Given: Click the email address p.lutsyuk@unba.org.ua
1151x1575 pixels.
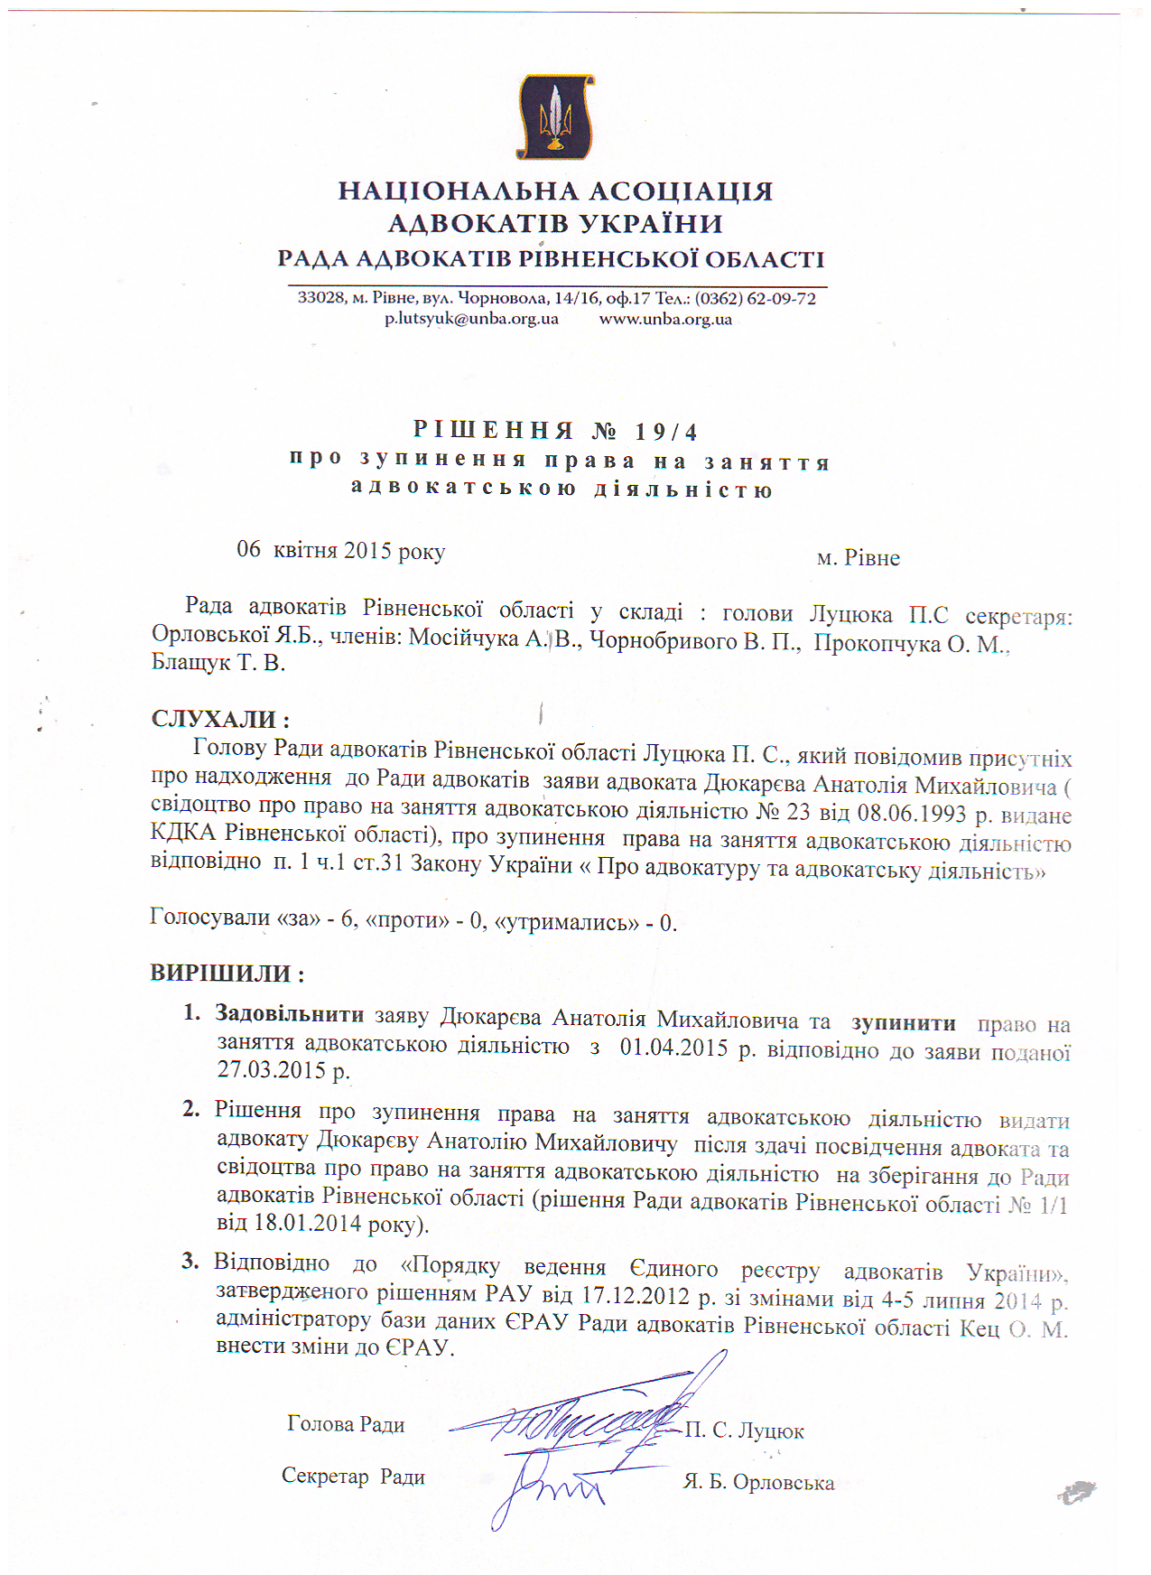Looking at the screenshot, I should tap(471, 319).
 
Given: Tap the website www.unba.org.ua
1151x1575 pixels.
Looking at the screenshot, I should tap(665, 319).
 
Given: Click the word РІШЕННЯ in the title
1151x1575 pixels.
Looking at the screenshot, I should tap(494, 430).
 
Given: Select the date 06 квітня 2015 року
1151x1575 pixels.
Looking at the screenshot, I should tap(340, 550).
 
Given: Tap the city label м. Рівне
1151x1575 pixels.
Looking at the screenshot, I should tap(858, 558).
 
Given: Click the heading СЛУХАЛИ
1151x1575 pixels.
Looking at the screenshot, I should tap(219, 719).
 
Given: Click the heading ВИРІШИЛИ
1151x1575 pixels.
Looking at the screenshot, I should tap(226, 974).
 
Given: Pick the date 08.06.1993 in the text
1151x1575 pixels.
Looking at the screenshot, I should tap(913, 813).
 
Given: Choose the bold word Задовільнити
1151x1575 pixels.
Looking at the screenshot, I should tap(289, 1013).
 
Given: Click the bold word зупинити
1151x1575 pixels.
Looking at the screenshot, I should tap(903, 1022).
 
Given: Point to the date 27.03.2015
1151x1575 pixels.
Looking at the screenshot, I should tap(271, 1070).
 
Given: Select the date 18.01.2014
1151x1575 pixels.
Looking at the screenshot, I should tap(299, 1224).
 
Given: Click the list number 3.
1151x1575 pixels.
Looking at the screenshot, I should tap(190, 1261).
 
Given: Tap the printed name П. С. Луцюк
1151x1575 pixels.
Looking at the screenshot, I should tap(744, 1431).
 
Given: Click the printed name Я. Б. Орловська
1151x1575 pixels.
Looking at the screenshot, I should tap(758, 1483).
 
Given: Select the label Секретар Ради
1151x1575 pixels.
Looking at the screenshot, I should tap(353, 1477).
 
